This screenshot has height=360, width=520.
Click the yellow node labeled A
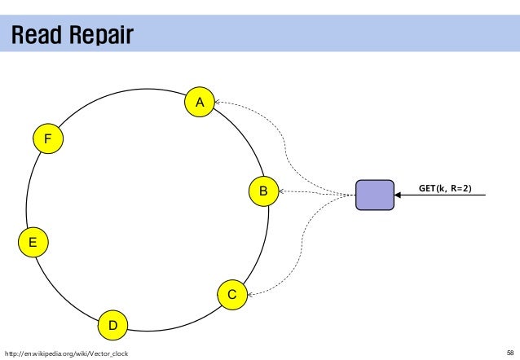coord(198,102)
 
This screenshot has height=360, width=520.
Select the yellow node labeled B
coord(263,191)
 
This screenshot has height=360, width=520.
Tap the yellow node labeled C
coord(232,295)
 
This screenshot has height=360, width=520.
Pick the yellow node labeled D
coord(113,326)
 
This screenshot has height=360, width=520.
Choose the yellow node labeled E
coord(33,242)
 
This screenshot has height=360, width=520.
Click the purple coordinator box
coord(374,195)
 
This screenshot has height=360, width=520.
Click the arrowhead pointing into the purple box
coord(399,195)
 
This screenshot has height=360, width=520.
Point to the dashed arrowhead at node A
coord(218,103)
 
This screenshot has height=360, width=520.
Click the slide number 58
coord(510,353)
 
